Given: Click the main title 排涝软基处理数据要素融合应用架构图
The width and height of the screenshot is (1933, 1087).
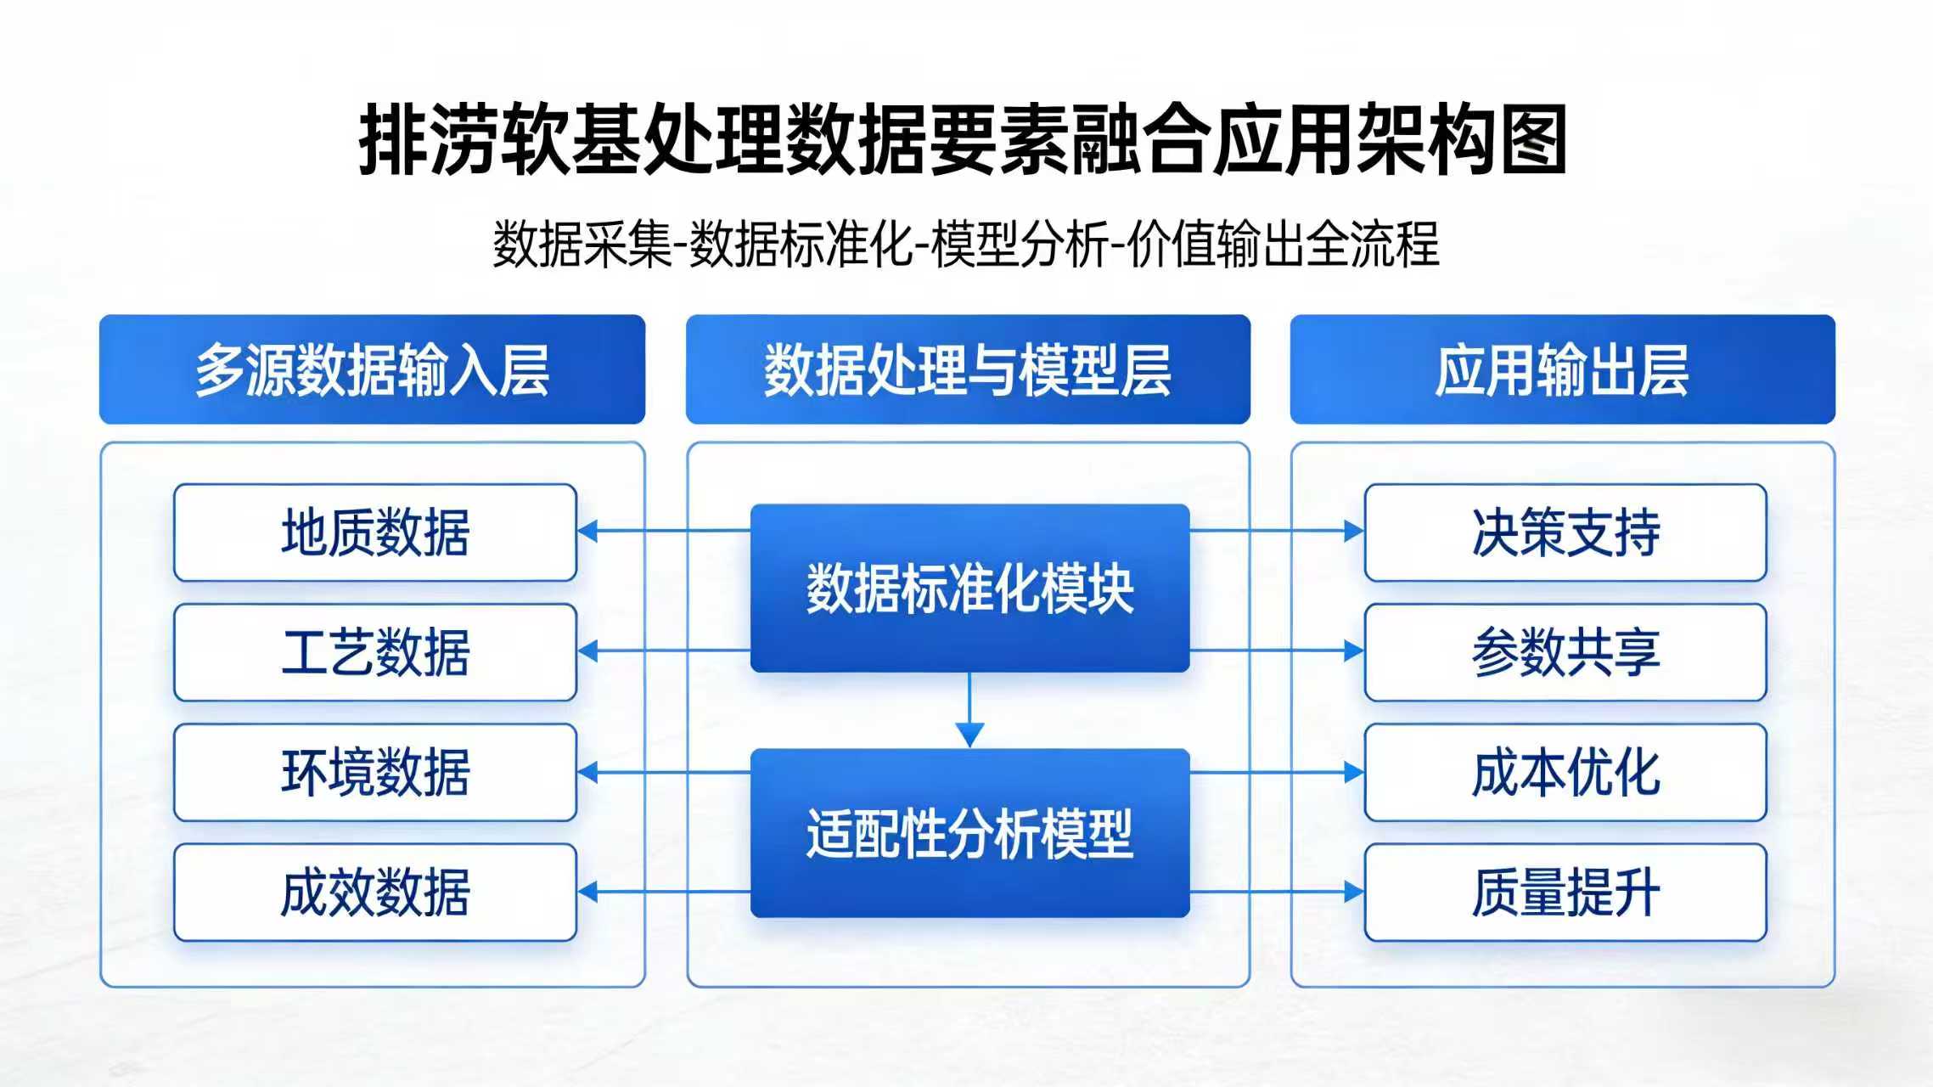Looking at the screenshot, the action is pyautogui.click(x=963, y=140).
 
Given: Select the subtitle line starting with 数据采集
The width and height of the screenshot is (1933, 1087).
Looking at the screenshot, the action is pyautogui.click(x=966, y=245).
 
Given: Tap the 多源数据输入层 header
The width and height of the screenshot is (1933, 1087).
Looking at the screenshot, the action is pyautogui.click(x=372, y=369).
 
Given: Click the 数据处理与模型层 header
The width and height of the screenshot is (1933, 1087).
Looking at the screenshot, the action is pyautogui.click(x=968, y=369).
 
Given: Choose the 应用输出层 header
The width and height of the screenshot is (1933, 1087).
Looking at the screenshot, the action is pyautogui.click(x=1563, y=369).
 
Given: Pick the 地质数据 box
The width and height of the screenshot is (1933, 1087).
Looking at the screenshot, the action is pyautogui.click(x=375, y=532).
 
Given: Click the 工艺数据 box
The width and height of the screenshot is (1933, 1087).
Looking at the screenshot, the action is pyautogui.click(x=375, y=652).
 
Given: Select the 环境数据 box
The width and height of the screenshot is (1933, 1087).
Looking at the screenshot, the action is pyautogui.click(x=375, y=773).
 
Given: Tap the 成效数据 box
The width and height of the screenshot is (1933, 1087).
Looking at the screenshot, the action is pyautogui.click(x=375, y=893).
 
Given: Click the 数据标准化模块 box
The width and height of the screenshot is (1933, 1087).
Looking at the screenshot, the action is pyautogui.click(x=969, y=589).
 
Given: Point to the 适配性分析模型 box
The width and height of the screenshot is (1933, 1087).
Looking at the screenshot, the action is pyautogui.click(x=969, y=833).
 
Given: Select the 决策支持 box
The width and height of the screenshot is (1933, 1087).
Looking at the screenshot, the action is pyautogui.click(x=1565, y=532).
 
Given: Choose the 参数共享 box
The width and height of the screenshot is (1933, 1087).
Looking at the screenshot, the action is pyautogui.click(x=1565, y=652).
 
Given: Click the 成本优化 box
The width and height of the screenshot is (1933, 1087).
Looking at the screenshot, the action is pyautogui.click(x=1565, y=773).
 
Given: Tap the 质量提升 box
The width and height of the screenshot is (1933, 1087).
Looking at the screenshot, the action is pyautogui.click(x=1565, y=893).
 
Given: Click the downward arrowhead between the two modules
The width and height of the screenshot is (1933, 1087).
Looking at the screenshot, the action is pyautogui.click(x=969, y=735).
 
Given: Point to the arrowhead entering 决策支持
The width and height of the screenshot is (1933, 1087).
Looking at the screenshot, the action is pyautogui.click(x=1354, y=532).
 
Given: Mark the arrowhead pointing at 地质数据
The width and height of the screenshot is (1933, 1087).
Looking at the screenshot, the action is pyautogui.click(x=587, y=532).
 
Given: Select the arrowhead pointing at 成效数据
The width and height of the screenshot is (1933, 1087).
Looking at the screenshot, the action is pyautogui.click(x=587, y=892).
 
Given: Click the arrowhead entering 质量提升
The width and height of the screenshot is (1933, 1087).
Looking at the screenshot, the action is pyautogui.click(x=1354, y=892).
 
